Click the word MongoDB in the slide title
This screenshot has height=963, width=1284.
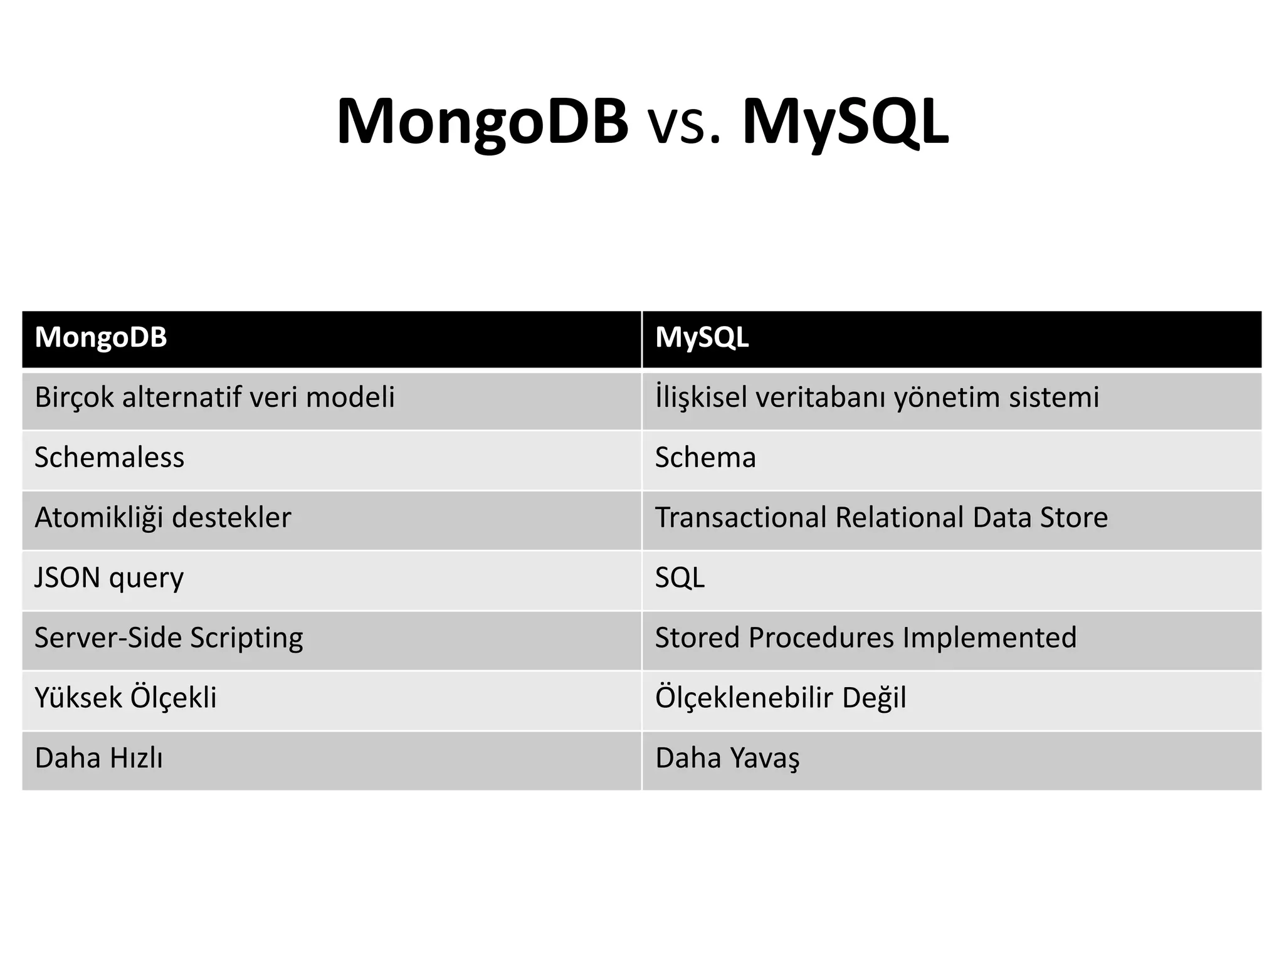[x=481, y=122]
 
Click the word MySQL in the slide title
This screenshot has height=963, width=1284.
[x=845, y=122]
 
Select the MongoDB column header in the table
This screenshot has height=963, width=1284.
[x=101, y=338]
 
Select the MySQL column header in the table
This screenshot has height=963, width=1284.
[x=702, y=338]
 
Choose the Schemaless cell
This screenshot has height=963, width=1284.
[x=109, y=458]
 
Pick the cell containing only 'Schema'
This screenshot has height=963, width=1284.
[x=705, y=458]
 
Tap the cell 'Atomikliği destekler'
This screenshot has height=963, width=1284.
[x=162, y=518]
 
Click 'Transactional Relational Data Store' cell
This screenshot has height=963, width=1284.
[x=881, y=518]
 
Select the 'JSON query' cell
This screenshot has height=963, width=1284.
[x=109, y=578]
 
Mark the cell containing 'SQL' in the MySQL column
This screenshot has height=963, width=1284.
[x=680, y=578]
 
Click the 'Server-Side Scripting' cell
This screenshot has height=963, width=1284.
[x=169, y=638]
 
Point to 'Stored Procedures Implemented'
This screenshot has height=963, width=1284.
[x=865, y=638]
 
